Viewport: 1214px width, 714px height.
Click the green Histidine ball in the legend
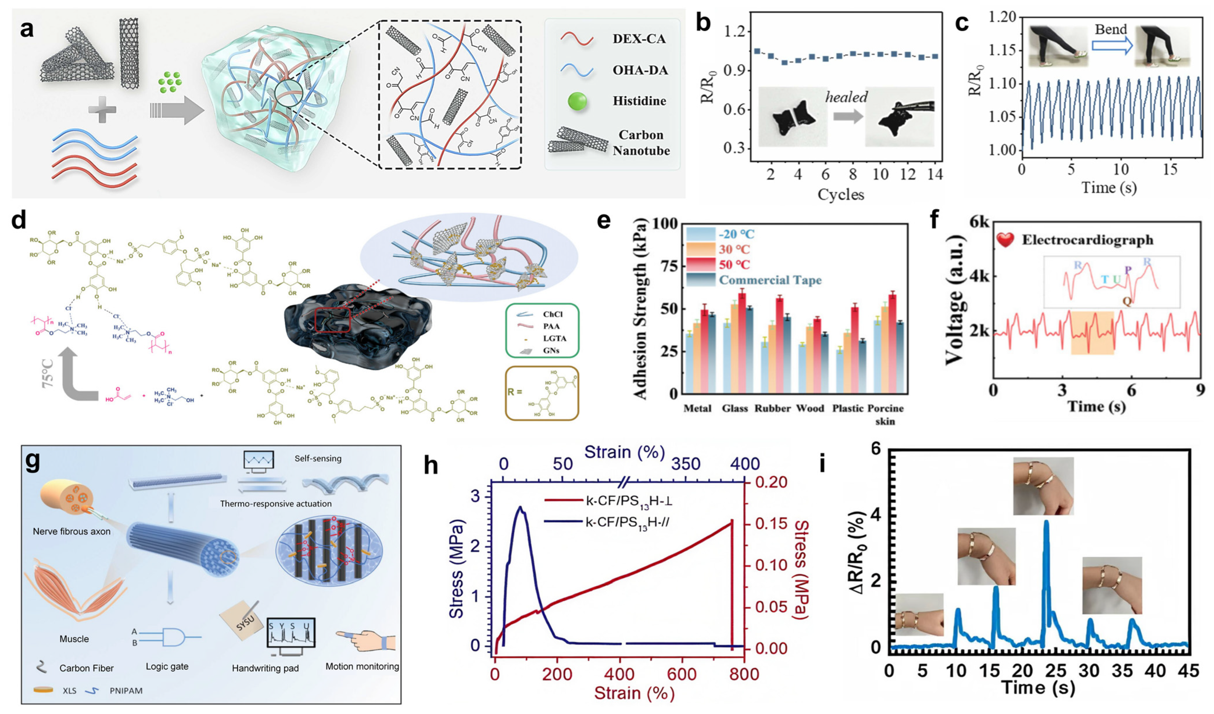tap(577, 101)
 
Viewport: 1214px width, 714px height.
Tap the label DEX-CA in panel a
tap(639, 38)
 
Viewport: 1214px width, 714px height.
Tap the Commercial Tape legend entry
tap(770, 280)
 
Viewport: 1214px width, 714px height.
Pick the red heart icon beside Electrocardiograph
tap(1005, 240)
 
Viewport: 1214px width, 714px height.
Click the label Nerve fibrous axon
tap(71, 531)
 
